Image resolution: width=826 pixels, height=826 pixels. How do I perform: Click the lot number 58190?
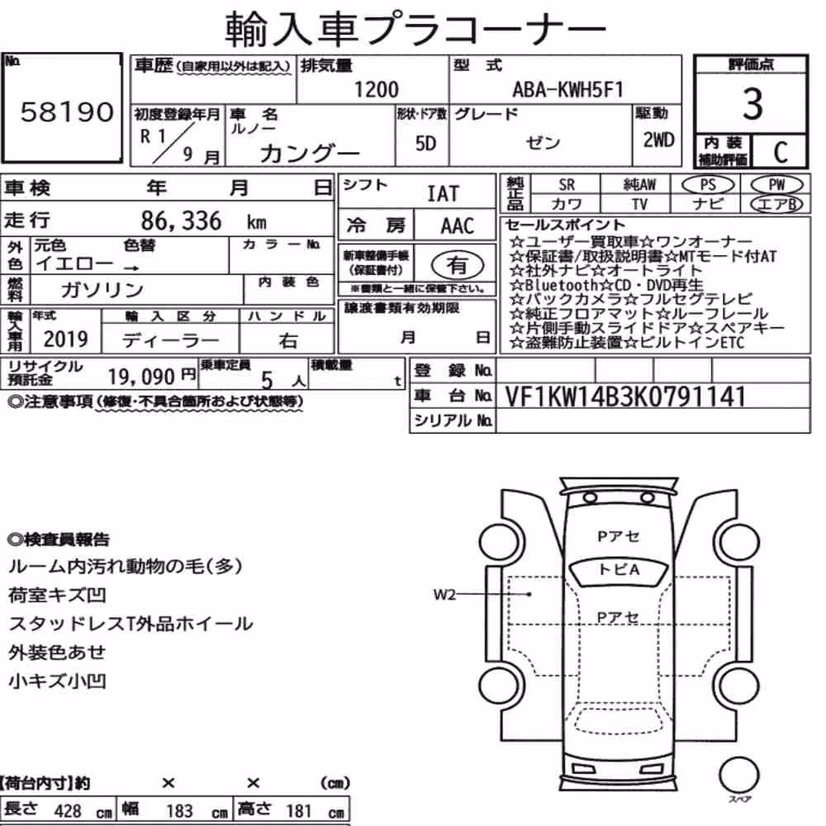pos(67,112)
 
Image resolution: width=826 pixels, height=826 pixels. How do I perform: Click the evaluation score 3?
pos(752,104)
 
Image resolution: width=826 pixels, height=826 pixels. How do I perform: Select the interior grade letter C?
pos(781,153)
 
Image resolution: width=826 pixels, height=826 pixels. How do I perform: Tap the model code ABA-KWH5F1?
pos(568,89)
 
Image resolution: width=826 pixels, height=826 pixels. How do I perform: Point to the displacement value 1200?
pos(376,89)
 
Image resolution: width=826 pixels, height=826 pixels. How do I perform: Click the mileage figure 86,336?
pos(181,221)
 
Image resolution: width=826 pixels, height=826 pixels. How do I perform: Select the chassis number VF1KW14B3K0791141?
pos(625,396)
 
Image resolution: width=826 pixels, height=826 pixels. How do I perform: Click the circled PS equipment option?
pos(708,185)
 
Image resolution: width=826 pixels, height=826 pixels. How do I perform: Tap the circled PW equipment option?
pos(776,185)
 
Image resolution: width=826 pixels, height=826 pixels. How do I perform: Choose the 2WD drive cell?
pos(658,140)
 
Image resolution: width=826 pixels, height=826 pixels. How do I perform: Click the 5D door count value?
pos(425,143)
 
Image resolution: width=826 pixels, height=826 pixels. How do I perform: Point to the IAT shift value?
pos(443,194)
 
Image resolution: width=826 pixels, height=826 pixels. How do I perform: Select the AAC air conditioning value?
pos(458,226)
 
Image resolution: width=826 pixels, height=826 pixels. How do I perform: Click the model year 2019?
pos(65,339)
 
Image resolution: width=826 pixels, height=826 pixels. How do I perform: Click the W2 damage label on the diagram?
pos(444,596)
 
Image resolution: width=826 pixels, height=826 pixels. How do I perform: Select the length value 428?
pos(68,811)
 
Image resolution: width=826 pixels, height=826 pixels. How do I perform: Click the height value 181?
pos(299,811)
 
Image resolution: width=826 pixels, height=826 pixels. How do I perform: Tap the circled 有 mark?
pos(457,264)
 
